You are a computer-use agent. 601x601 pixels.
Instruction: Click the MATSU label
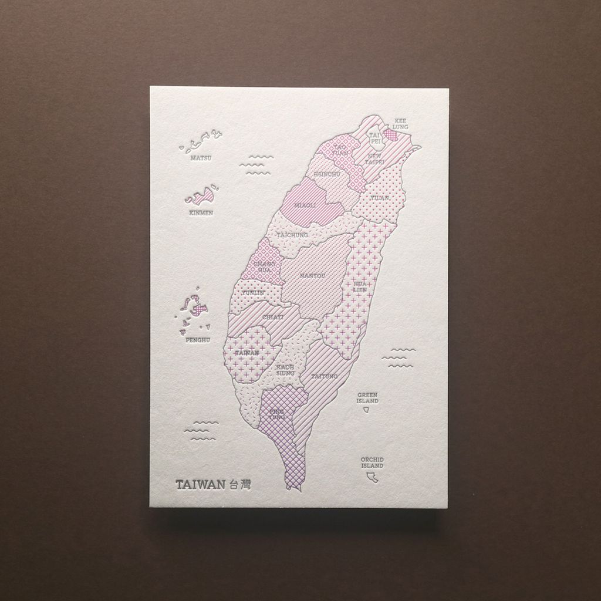point(201,158)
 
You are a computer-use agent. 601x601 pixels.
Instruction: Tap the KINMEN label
point(201,212)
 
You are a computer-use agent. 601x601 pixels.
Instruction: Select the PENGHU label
point(197,339)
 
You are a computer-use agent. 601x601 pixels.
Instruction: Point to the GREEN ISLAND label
point(367,398)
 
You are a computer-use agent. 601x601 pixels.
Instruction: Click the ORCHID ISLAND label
point(372,462)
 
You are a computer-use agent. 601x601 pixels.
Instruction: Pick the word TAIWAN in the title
point(201,485)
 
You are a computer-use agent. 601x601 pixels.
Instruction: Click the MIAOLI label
point(305,205)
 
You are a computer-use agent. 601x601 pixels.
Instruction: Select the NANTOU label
point(312,275)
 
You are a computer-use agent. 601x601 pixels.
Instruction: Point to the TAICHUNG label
point(292,235)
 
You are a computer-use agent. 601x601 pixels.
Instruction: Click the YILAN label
point(380,198)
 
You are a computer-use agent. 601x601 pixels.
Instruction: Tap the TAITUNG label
point(324,376)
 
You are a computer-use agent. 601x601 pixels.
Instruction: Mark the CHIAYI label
point(273,317)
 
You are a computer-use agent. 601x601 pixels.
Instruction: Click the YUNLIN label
point(253,292)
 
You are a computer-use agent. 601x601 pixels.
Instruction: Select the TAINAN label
point(247,352)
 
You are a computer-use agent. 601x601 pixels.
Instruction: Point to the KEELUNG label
point(400,123)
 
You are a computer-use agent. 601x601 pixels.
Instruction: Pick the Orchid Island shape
point(371,478)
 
